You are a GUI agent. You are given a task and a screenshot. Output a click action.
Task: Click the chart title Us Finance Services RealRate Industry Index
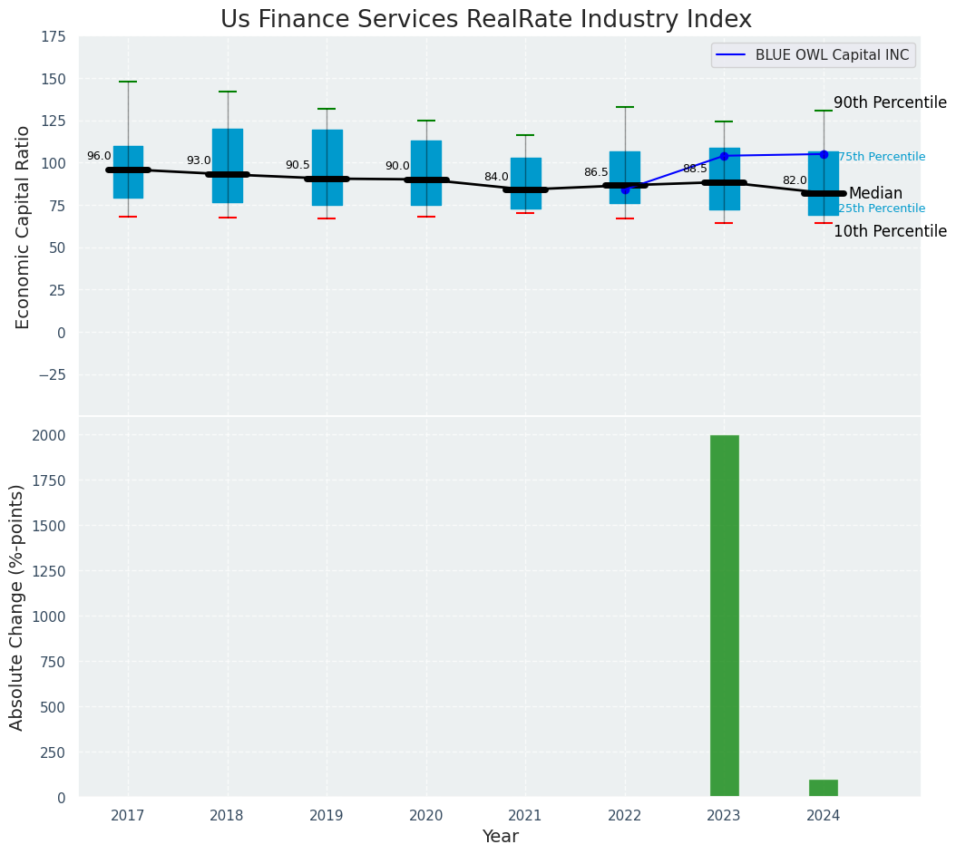486,20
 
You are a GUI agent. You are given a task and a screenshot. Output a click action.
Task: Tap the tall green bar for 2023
724,616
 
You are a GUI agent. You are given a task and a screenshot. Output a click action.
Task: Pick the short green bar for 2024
823,788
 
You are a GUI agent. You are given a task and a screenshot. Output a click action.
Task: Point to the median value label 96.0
99,156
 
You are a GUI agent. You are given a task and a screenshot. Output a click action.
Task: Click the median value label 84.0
496,177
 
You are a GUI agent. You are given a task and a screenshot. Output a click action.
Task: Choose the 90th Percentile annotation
890,102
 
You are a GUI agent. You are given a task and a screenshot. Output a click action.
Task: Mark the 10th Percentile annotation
890,231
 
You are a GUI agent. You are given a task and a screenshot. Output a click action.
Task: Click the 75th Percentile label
881,157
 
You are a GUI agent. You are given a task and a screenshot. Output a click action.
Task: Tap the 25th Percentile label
881,209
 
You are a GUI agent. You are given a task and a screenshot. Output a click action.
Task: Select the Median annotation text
875,193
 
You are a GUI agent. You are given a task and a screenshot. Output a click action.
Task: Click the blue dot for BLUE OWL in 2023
724,156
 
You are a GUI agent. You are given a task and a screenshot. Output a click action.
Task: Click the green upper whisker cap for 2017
128,82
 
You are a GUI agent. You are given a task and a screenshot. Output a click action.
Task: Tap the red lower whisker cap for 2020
426,217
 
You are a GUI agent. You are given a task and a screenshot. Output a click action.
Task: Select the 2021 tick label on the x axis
525,816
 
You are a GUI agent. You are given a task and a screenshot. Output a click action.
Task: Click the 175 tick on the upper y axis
53,36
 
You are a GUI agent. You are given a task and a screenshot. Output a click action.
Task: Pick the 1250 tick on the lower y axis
47,571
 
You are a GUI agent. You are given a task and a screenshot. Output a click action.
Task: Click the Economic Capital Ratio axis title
23,227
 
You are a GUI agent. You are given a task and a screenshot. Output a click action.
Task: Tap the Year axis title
500,837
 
